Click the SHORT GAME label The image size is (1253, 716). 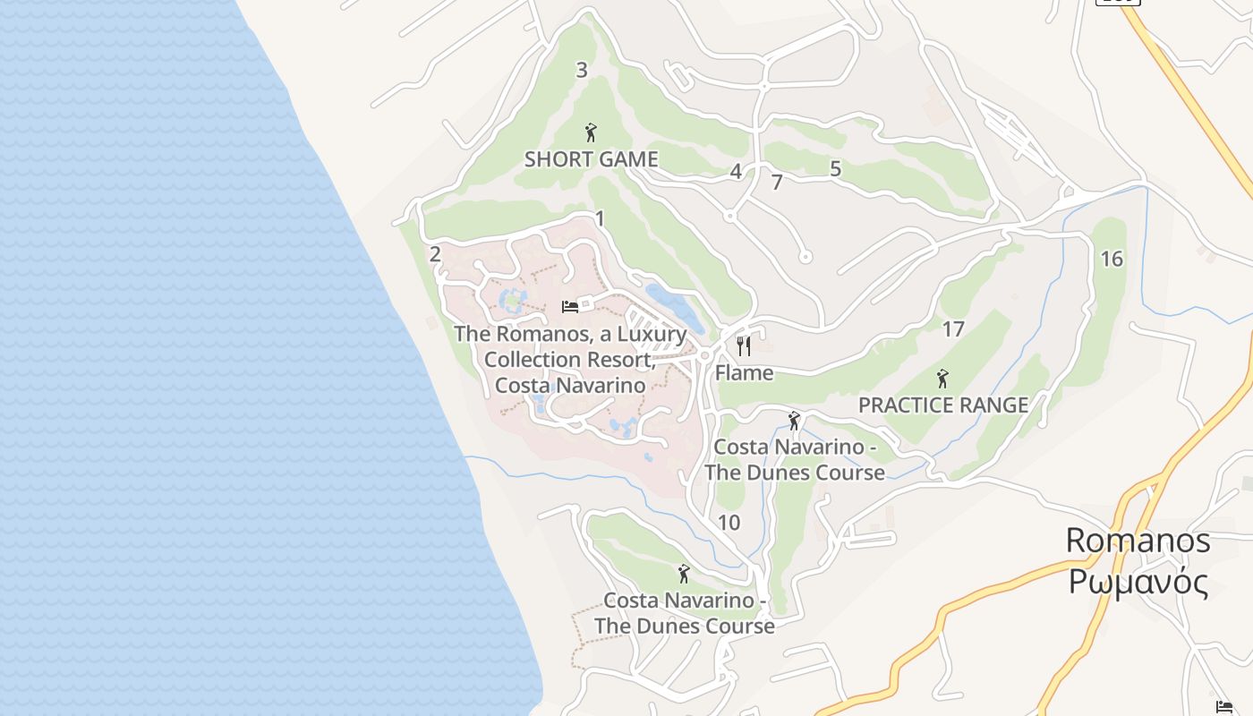(x=591, y=159)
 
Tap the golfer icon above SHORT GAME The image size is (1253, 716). (x=590, y=132)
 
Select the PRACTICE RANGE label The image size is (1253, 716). (x=943, y=405)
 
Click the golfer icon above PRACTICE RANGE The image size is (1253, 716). (x=942, y=378)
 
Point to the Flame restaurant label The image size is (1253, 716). (x=744, y=372)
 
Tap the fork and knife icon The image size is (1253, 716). (x=744, y=345)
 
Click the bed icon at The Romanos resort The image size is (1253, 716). (x=570, y=307)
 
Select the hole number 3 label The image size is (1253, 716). (x=582, y=70)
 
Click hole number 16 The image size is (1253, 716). (x=1112, y=259)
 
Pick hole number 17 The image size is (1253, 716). (x=953, y=329)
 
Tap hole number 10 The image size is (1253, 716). (x=729, y=523)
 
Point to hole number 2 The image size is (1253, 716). (x=435, y=254)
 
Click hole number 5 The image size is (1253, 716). (x=835, y=168)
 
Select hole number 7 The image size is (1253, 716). (x=777, y=183)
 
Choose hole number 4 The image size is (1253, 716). (x=736, y=172)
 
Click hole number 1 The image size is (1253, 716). (x=600, y=218)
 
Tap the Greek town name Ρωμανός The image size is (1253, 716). (x=1138, y=582)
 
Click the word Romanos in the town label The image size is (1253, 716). (x=1138, y=541)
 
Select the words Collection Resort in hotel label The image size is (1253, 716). (x=569, y=360)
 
